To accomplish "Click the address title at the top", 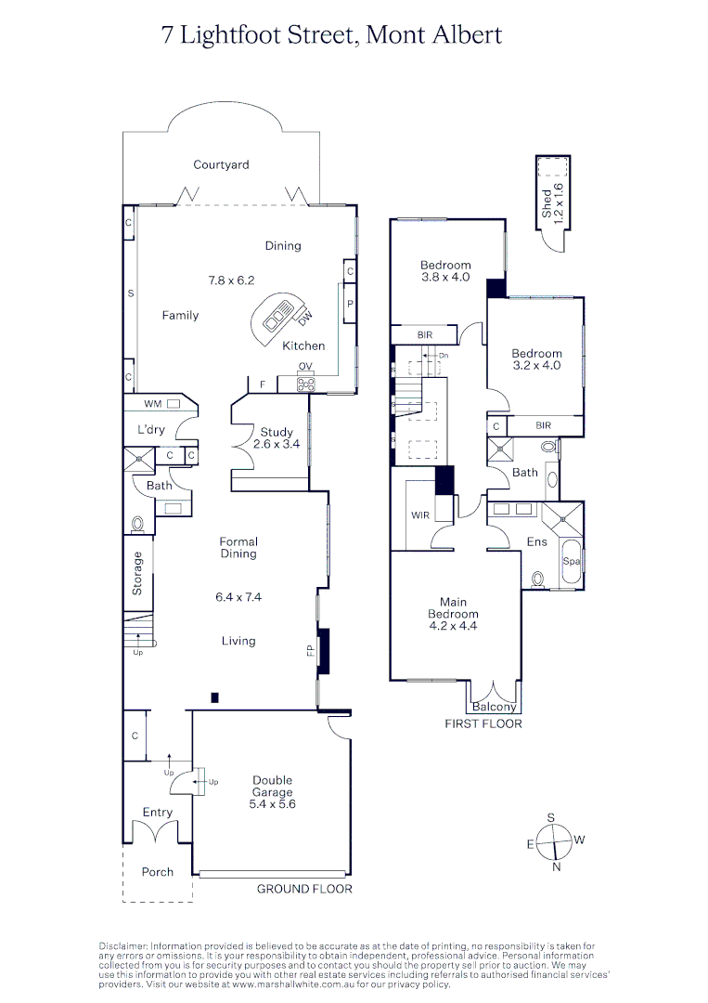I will click(x=331, y=35).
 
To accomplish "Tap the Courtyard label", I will click(x=221, y=165).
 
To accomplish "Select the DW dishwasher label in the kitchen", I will click(x=306, y=318).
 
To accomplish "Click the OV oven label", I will click(x=304, y=366).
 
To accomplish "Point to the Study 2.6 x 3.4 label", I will click(x=277, y=438).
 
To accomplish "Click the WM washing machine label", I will click(x=152, y=404).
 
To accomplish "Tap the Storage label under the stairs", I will click(x=138, y=573).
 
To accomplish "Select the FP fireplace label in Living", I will click(x=311, y=652).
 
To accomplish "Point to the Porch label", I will click(x=158, y=872).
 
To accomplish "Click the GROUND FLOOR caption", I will click(x=304, y=889).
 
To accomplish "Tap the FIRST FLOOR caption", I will click(x=483, y=723).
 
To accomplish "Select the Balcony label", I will click(x=494, y=708).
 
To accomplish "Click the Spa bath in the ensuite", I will click(x=570, y=562).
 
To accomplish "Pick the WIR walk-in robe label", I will click(x=419, y=515).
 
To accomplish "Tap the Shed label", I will click(x=547, y=204).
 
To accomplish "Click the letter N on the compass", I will click(x=556, y=867).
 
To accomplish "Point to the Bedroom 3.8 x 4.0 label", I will click(x=446, y=271).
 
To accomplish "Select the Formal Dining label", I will click(x=238, y=548).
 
